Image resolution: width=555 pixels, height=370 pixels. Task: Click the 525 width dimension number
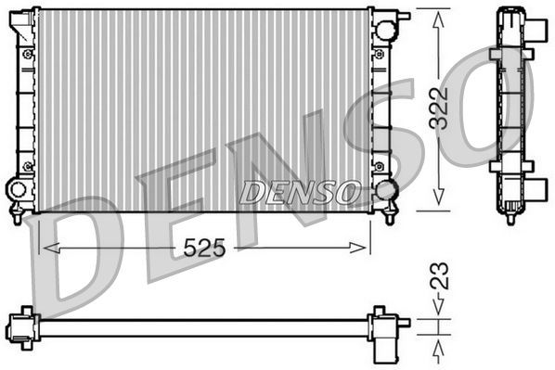pyautogui.click(x=204, y=248)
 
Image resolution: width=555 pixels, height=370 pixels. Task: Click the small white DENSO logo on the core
pyautogui.click(x=300, y=192)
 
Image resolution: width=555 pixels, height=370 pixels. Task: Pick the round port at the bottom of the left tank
pyautogui.click(x=18, y=189)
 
